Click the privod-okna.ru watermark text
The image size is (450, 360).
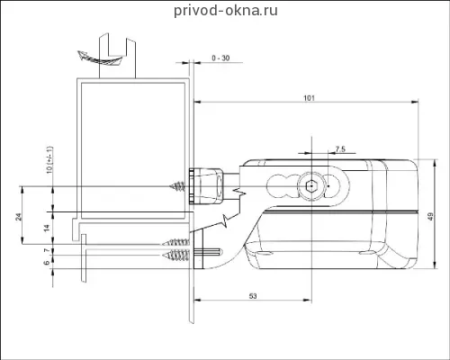tap(226, 11)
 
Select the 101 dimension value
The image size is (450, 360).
tap(309, 98)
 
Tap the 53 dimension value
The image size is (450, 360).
tap(253, 296)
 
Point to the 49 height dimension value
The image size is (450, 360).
tap(431, 217)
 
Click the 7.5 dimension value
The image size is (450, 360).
tap(340, 148)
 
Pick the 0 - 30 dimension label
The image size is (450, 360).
tap(220, 58)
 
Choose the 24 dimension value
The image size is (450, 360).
tap(19, 217)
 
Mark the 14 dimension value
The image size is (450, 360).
tap(47, 229)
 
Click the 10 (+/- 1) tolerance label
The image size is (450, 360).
tap(49, 159)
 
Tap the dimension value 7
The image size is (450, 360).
tap(47, 250)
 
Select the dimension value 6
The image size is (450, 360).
tap(47, 263)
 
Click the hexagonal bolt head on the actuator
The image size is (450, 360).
tap(311, 186)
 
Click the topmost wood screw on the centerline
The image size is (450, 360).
tap(177, 186)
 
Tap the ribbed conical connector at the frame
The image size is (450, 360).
tap(206, 186)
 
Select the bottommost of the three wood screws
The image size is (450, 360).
tap(175, 256)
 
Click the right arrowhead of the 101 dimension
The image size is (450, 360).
tap(415, 103)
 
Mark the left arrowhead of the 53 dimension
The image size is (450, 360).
tap(198, 300)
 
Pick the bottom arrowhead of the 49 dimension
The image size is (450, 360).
tap(434, 265)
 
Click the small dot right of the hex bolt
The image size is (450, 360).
tap(328, 186)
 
